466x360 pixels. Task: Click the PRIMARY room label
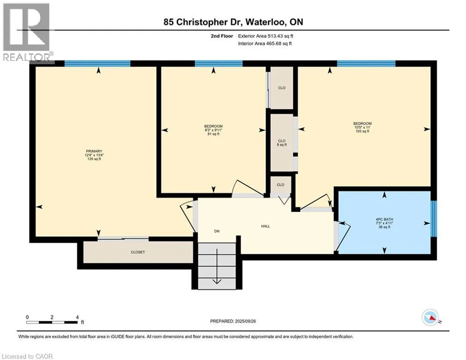click(x=94, y=151)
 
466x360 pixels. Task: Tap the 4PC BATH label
click(x=384, y=219)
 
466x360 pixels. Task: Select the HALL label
click(x=266, y=226)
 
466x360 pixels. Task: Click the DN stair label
click(x=217, y=231)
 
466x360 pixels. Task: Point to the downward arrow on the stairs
click(x=217, y=266)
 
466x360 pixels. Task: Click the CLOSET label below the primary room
click(x=138, y=252)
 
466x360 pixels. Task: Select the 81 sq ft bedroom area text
click(x=214, y=134)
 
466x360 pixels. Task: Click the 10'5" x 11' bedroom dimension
click(x=362, y=127)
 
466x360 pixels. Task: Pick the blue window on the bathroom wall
click(x=434, y=219)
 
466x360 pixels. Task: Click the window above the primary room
click(x=97, y=63)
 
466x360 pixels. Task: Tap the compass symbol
click(x=430, y=317)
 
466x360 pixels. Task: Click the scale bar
click(x=52, y=322)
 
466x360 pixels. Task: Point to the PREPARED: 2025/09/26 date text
click(x=233, y=321)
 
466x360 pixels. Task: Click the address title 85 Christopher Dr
click(x=203, y=22)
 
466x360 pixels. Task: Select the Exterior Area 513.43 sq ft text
click(x=266, y=36)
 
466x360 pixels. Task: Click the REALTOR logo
click(x=27, y=32)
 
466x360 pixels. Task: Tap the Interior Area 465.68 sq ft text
click(x=265, y=44)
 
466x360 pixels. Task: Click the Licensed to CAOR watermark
click(x=27, y=356)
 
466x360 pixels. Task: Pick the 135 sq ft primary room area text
click(x=94, y=159)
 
